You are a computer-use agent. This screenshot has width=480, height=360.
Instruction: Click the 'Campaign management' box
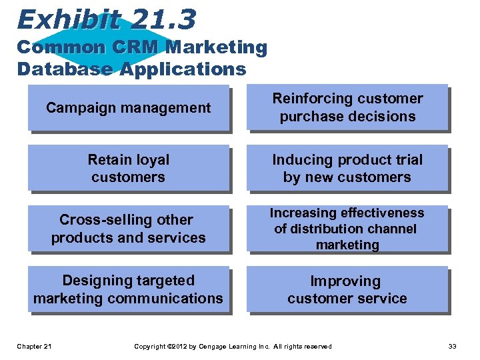coord(128,107)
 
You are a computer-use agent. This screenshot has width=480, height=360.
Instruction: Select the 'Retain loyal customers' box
coord(128,168)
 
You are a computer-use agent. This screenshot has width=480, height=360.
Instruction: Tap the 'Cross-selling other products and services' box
coord(128,229)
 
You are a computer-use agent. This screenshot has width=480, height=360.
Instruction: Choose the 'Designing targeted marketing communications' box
coord(128,289)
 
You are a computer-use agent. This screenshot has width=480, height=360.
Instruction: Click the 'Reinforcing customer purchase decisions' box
coord(347,107)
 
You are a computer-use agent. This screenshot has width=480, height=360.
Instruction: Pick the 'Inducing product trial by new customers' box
coord(347,168)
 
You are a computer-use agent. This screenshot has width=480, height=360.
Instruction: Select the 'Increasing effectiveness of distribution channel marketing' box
coord(347,229)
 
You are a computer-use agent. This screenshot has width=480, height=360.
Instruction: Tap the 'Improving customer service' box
coord(347,289)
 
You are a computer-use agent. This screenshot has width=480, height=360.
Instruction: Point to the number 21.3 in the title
coord(163,19)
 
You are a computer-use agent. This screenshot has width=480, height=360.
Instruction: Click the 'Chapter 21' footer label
coord(35,346)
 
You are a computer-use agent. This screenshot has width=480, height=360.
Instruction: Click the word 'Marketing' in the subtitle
coord(216,48)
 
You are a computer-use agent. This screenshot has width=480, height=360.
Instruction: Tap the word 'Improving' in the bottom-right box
coord(345,281)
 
